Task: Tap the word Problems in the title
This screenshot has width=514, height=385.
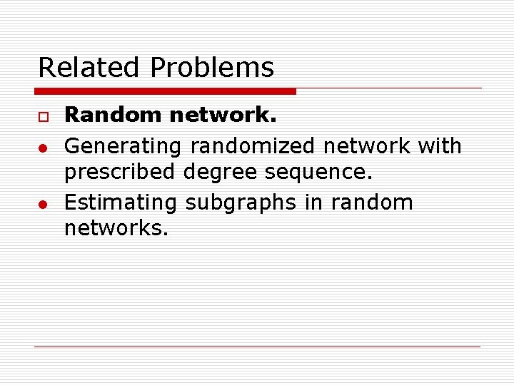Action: coord(212,68)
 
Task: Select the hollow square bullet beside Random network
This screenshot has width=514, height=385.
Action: coord(42,117)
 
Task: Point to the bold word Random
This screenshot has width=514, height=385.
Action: coord(114,115)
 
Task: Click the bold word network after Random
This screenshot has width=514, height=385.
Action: coord(223,115)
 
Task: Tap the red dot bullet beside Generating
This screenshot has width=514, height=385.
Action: coord(43,147)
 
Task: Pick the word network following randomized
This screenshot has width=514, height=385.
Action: coord(367,145)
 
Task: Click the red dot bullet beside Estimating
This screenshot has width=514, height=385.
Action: coord(43,204)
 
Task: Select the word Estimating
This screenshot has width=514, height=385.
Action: coord(121,202)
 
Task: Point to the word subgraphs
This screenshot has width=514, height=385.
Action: coord(241,202)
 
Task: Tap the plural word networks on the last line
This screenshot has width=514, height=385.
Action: coord(116,228)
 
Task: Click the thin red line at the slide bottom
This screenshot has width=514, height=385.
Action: coord(257,346)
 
